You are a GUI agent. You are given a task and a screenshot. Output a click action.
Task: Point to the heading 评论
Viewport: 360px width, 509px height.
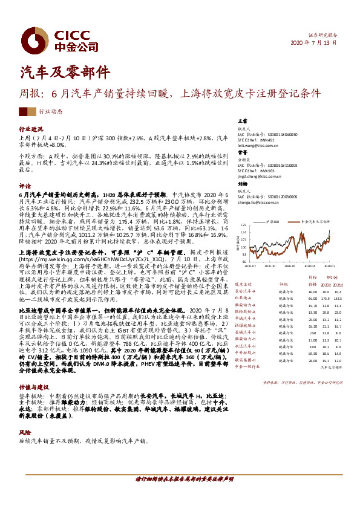tap(25, 186)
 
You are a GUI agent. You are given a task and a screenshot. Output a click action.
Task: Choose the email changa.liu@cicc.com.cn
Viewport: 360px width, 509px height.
tap(260, 203)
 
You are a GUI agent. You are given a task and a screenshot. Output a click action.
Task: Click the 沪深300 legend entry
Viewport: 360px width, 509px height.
tap(272, 222)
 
